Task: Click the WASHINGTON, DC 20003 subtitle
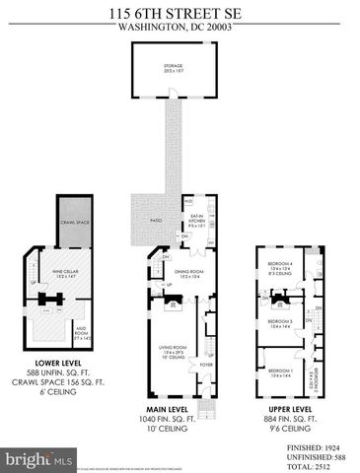tap(180, 28)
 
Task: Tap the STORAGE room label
tap(174, 66)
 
